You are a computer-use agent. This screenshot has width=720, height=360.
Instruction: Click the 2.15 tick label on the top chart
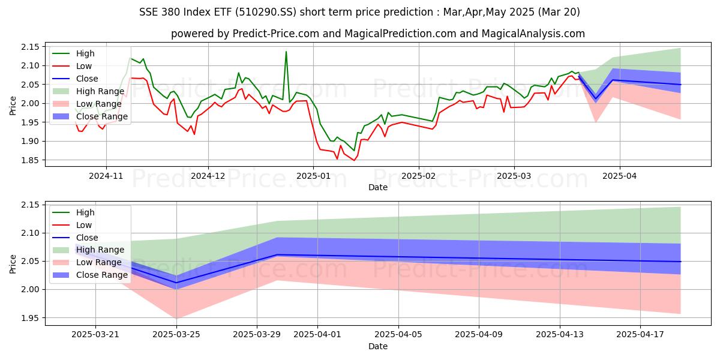29,47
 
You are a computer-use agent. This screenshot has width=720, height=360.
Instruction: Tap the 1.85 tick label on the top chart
29,160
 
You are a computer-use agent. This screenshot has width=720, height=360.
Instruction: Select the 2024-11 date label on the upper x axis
106,176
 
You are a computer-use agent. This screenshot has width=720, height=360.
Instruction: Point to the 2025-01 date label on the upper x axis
313,176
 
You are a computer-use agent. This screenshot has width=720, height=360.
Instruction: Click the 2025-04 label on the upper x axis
619,176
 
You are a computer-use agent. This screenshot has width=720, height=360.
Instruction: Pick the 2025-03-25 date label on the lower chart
176,335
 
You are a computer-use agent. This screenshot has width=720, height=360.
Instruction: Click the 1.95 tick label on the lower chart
29,318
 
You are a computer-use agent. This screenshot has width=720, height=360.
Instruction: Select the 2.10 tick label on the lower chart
29,233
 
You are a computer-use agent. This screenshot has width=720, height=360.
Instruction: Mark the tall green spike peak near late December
286,52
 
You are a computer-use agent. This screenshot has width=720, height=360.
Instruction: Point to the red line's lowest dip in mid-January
354,160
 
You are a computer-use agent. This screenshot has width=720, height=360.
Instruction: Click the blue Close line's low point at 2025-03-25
176,283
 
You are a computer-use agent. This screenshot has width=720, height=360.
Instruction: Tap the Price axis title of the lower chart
13,263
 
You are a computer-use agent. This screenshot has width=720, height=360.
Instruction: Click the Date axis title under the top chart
378,188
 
